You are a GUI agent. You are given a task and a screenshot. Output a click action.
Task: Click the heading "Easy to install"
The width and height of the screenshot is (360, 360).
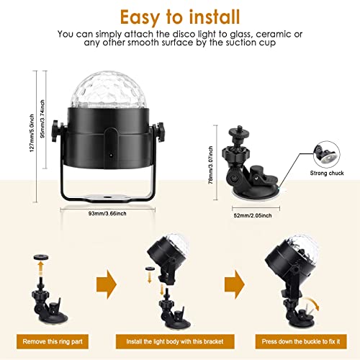click(179, 15)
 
